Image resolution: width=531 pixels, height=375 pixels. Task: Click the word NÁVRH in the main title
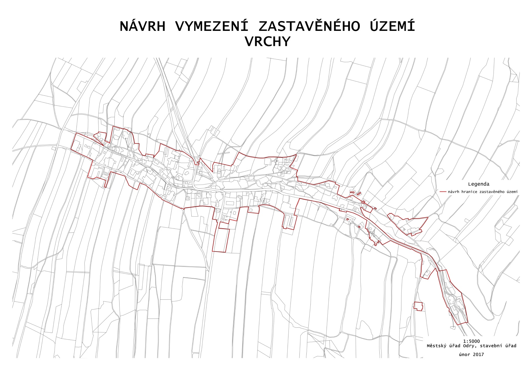point(143,27)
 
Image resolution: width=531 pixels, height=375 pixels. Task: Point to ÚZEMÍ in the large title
point(392,27)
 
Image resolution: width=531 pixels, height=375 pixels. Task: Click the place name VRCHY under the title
point(267,42)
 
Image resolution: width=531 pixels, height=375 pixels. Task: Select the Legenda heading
point(478,184)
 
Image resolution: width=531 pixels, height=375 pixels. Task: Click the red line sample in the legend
point(443,192)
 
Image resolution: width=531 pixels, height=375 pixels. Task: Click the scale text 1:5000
point(471,341)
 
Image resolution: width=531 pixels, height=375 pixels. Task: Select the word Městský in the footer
point(436,346)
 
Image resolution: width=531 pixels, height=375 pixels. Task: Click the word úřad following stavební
point(510,346)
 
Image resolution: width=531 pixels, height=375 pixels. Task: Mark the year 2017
point(478,355)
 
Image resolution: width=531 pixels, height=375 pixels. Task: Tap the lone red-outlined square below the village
point(418,306)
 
